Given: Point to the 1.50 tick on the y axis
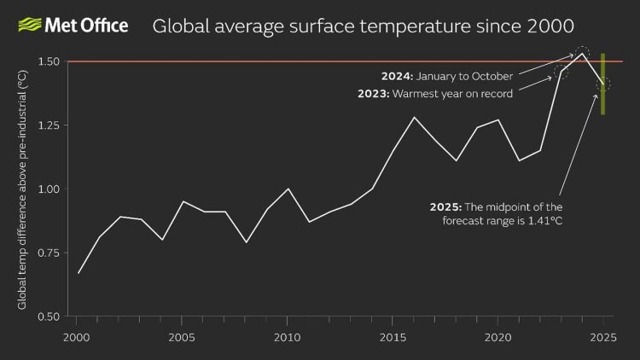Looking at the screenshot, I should tap(48, 62).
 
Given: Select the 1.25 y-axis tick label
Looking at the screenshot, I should tap(48, 125).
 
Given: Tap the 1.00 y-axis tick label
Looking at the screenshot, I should tap(48, 189).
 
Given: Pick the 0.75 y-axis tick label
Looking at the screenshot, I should tap(48, 253).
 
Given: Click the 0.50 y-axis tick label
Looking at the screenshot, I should tap(48, 316).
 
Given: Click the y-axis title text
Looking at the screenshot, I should tap(22, 189).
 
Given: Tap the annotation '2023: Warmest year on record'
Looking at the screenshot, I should tap(435, 94).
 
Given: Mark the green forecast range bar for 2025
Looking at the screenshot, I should tap(602, 84).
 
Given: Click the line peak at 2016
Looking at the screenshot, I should tap(414, 118).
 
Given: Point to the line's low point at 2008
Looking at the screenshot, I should tap(245, 242).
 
